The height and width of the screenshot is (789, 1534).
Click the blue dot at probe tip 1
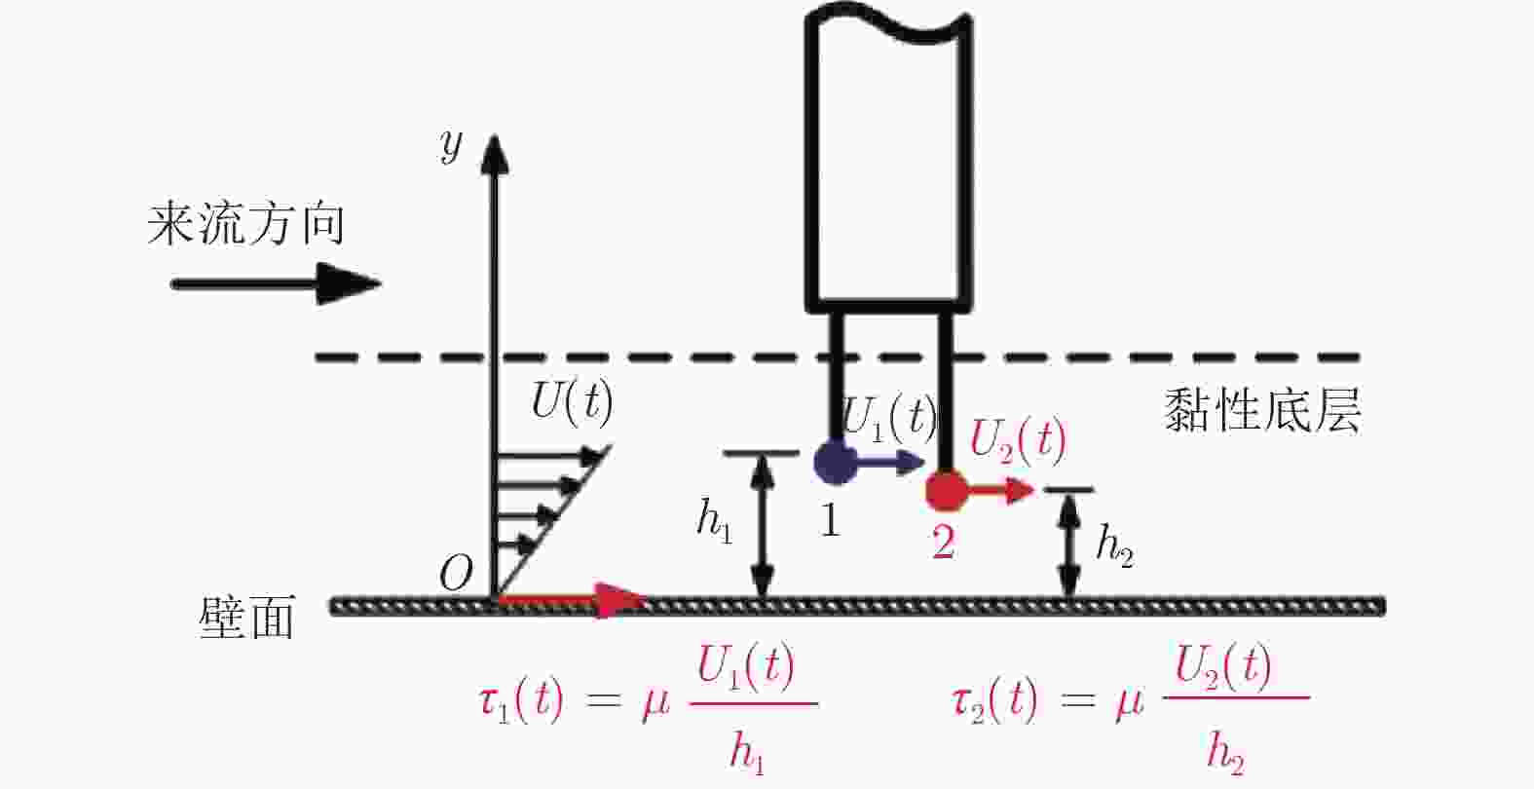[x=835, y=461]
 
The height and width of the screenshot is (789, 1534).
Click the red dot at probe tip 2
[x=946, y=490]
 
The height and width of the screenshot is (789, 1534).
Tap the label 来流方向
[x=246, y=225]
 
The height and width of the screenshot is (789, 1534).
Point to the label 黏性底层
[x=1262, y=410]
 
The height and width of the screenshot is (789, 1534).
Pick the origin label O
[x=455, y=575]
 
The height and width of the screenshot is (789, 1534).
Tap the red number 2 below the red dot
[x=943, y=542]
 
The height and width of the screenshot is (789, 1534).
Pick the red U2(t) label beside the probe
[x=1019, y=440]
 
